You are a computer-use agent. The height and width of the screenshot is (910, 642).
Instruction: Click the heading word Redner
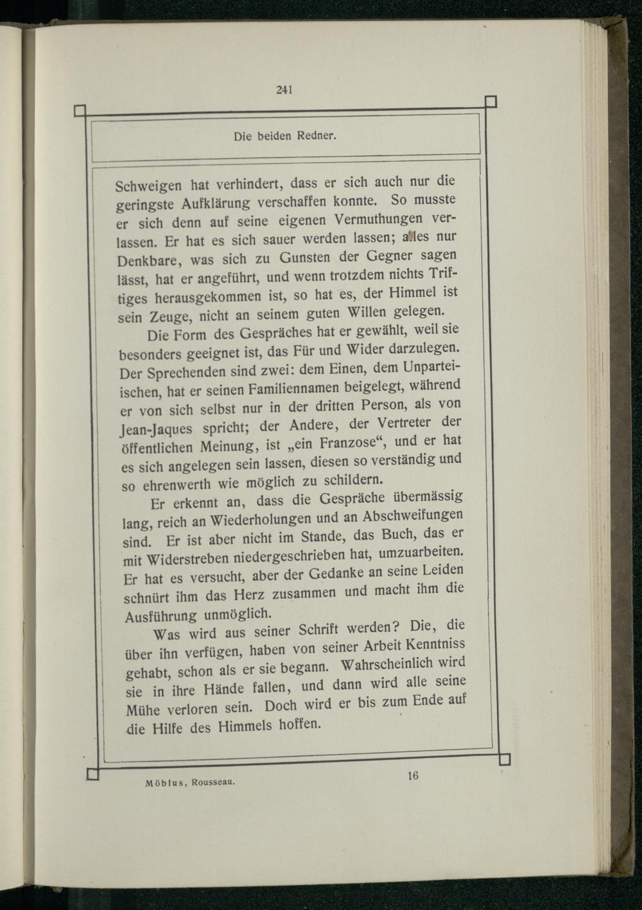tap(318, 135)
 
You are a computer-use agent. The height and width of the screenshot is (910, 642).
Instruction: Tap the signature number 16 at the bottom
tap(413, 775)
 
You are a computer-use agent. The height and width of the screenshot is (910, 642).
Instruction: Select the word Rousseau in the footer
tap(213, 782)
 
